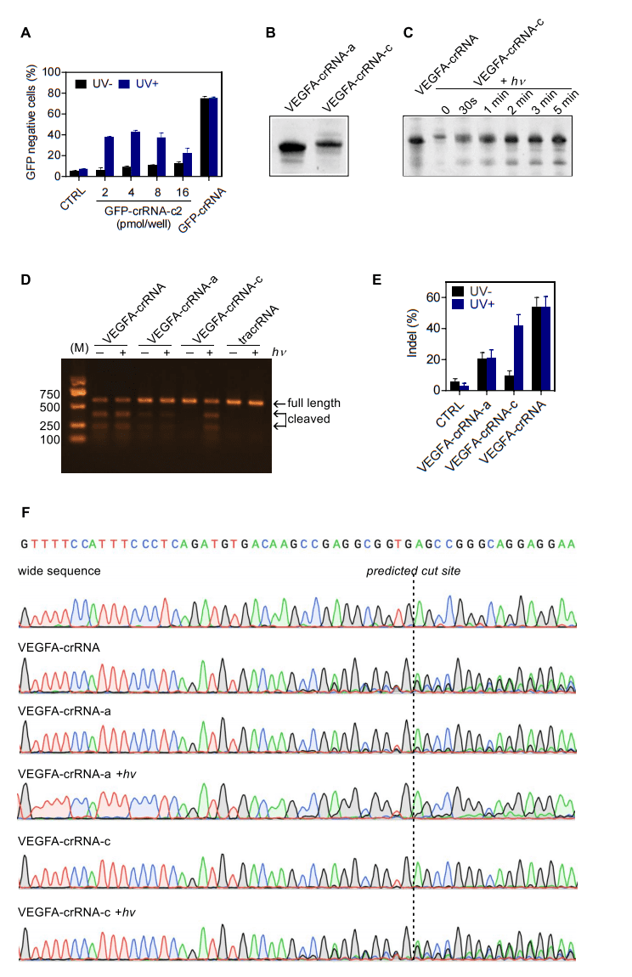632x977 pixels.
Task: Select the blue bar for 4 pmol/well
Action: (x=135, y=154)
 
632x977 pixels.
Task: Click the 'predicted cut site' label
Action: (x=413, y=571)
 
